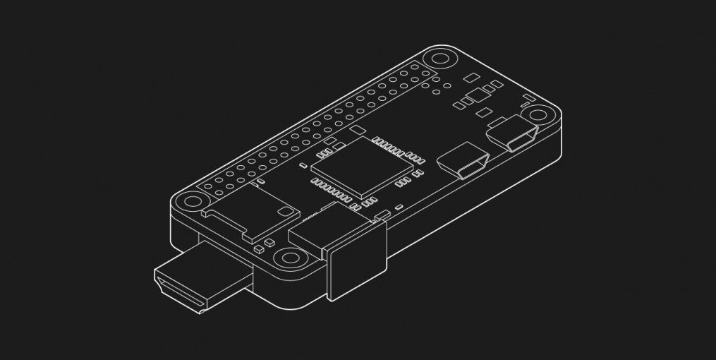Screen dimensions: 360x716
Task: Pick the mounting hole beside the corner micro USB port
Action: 540,115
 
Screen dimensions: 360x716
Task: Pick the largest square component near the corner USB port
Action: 477,96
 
